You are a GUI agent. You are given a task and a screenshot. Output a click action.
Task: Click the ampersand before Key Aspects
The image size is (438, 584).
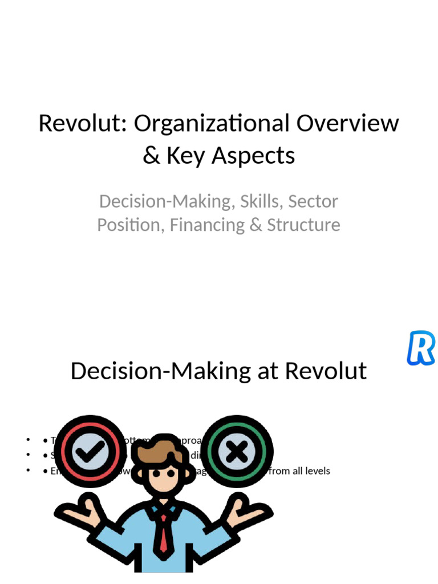click(x=151, y=156)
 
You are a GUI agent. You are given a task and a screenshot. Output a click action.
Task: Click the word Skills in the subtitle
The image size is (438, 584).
click(x=261, y=201)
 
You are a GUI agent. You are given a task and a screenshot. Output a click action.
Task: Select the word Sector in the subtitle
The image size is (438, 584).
click(x=313, y=201)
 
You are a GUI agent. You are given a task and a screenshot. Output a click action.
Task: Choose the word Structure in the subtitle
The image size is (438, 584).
click(x=303, y=225)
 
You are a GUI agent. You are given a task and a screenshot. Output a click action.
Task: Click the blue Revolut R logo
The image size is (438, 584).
click(x=421, y=347)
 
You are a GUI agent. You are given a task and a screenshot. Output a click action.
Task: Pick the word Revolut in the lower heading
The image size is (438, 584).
click(x=326, y=371)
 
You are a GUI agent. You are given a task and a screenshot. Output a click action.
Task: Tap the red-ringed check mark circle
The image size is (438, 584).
click(x=91, y=451)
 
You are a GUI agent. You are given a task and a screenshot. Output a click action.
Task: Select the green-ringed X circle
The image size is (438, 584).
click(x=237, y=451)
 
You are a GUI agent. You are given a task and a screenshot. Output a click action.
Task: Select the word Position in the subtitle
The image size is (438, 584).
click(x=131, y=225)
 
